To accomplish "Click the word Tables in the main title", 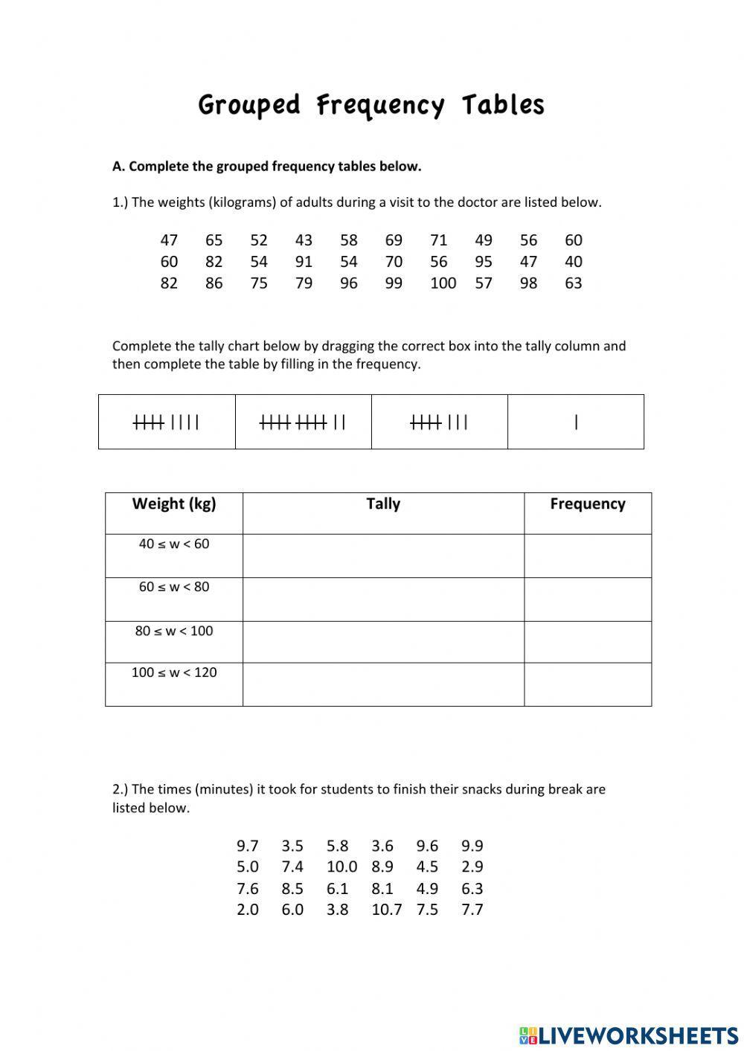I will click(503, 105).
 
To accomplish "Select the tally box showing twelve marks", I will click(303, 422).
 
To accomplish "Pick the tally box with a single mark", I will click(576, 422).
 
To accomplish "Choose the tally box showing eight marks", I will click(439, 422).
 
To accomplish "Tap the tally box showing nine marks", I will click(167, 422).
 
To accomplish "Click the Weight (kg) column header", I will click(174, 504).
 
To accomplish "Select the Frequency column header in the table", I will click(587, 504).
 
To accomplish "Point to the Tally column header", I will click(383, 504).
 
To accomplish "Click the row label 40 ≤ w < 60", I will click(174, 544).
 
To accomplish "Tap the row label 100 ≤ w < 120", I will click(174, 673).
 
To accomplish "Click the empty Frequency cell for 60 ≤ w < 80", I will click(587, 600).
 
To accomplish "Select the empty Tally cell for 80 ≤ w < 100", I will click(383, 642).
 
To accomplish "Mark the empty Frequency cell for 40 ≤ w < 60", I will click(587, 556).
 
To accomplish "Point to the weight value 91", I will click(304, 262).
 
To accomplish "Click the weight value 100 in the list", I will click(443, 283).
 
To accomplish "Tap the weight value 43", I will click(304, 240).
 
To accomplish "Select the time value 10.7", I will click(386, 910).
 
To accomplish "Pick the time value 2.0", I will click(248, 910).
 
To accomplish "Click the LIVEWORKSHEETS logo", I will click(629, 1035).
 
